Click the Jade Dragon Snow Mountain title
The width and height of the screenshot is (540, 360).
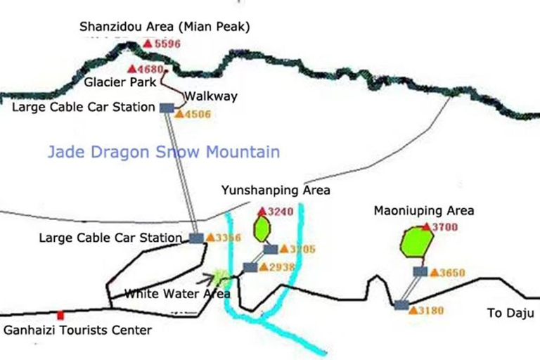[x=163, y=152]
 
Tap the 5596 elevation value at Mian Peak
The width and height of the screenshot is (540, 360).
[x=168, y=44]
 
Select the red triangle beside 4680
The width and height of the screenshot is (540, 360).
[x=132, y=69]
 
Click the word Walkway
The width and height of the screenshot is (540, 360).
[x=211, y=96]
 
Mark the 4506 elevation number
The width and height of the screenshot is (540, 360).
[x=198, y=114]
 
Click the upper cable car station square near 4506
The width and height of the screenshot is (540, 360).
[x=167, y=108]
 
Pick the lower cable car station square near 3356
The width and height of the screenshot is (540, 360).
[x=196, y=238]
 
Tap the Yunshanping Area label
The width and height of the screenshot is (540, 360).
[x=276, y=190]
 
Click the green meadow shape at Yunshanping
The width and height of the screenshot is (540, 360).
[x=263, y=228]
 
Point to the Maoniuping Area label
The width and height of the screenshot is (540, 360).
[x=424, y=210]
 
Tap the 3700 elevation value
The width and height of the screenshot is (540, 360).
[x=444, y=227]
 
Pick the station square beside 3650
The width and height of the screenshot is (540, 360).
[x=420, y=271]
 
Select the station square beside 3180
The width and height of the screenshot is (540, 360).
[x=401, y=305]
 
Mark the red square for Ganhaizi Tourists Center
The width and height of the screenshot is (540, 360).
[x=60, y=315]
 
